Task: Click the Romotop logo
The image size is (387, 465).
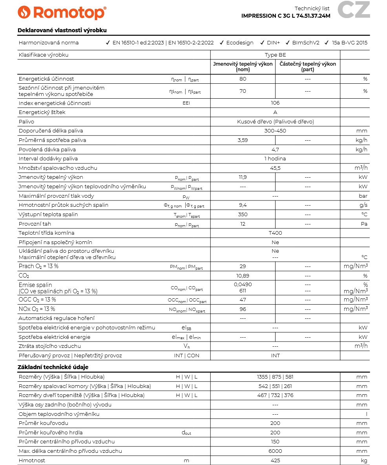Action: click(x=62, y=13)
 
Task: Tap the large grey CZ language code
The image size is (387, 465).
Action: click(x=354, y=10)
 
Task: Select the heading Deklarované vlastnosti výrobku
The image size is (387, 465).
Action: click(x=62, y=30)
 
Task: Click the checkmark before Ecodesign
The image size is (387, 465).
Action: click(x=222, y=43)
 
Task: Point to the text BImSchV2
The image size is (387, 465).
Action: click(x=306, y=43)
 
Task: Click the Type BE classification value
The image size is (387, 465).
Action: click(x=275, y=55)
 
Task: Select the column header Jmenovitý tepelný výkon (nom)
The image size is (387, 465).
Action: click(x=243, y=67)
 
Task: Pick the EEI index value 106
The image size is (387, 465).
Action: click(x=275, y=103)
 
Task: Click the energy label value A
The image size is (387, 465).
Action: click(x=275, y=112)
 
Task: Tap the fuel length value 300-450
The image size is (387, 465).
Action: click(x=275, y=131)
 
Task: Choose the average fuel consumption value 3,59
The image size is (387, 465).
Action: click(x=243, y=140)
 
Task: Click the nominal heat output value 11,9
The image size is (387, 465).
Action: click(x=243, y=177)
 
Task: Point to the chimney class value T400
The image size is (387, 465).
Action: click(x=275, y=233)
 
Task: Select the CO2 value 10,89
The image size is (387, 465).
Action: click(x=243, y=276)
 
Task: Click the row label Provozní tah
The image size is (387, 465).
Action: click(x=35, y=224)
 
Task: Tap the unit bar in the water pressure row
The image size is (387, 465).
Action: click(x=363, y=196)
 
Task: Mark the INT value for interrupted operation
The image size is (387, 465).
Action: click(x=275, y=356)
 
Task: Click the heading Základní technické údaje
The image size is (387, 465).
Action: click(x=53, y=367)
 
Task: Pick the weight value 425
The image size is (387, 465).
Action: click(x=275, y=461)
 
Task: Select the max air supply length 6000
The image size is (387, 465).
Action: click(x=275, y=451)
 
